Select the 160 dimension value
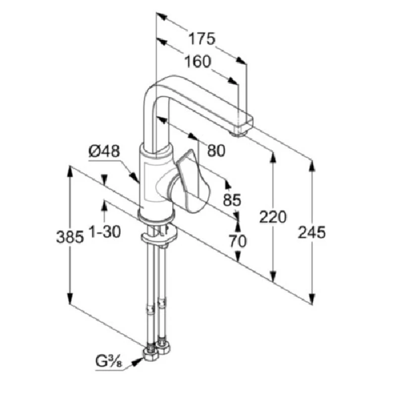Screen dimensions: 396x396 click(198, 62)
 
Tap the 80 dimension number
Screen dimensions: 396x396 click(216, 150)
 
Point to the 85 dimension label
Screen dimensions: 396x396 click(232, 200)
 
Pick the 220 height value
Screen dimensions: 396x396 click(272, 217)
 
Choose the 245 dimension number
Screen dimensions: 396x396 click(312, 232)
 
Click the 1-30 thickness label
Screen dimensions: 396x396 click(104, 231)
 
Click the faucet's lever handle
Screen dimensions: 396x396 click(191, 183)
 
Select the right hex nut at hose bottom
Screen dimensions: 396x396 click(163, 346)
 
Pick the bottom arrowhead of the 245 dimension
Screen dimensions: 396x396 click(312, 297)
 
